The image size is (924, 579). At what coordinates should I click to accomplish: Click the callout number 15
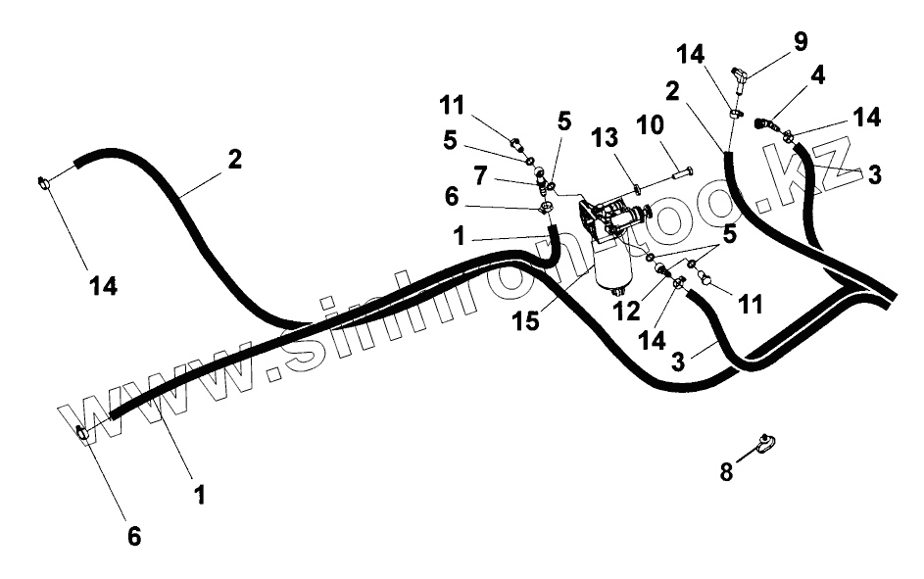(525, 320)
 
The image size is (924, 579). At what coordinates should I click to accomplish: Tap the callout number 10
(676, 127)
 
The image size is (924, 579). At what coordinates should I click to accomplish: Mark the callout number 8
(726, 470)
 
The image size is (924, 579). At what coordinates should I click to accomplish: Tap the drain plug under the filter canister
(616, 291)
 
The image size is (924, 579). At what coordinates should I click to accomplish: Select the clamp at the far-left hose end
(43, 181)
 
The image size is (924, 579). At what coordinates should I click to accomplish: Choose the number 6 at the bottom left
(134, 536)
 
